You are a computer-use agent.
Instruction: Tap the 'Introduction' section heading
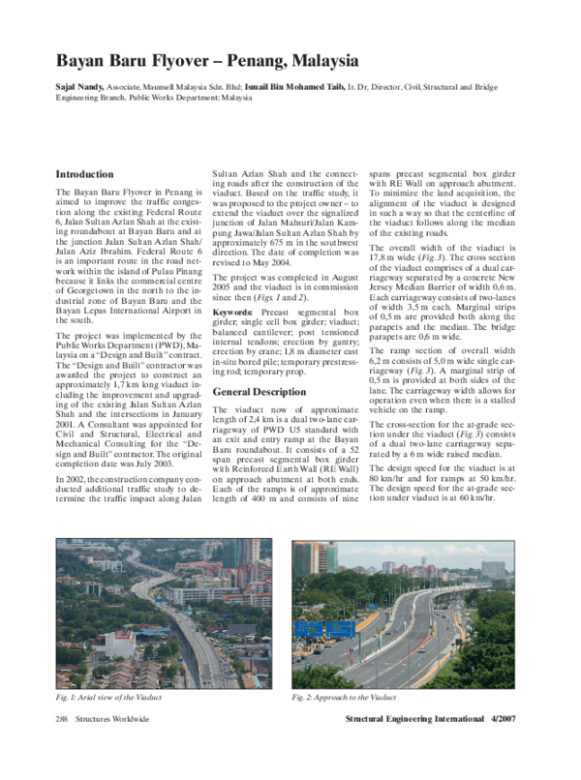84,175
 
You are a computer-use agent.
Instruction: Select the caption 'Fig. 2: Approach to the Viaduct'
346,697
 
